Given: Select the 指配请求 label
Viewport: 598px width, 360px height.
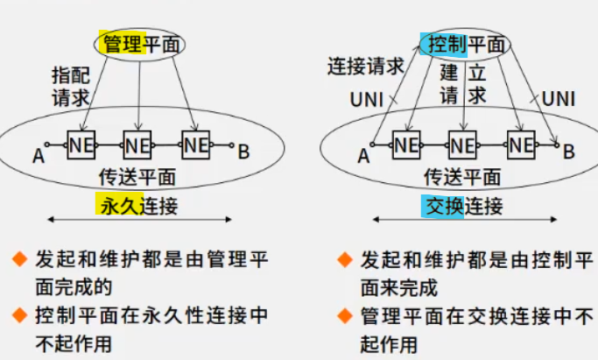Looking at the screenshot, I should (69, 87).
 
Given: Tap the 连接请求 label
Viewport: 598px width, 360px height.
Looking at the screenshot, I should (366, 66).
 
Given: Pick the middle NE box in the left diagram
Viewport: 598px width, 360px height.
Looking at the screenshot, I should (137, 144).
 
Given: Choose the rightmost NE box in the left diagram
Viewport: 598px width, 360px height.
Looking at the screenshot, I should (195, 144).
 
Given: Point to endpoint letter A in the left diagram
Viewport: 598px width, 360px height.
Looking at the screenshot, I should (38, 157).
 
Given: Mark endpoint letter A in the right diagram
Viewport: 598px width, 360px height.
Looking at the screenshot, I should (363, 157).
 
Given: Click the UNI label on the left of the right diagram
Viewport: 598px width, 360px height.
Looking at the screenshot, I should (366, 98).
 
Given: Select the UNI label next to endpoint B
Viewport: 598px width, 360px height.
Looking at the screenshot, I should (559, 98).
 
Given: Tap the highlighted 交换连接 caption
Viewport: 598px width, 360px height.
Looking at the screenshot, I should (463, 207).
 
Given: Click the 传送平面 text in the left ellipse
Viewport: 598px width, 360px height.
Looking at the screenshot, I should (139, 177).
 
